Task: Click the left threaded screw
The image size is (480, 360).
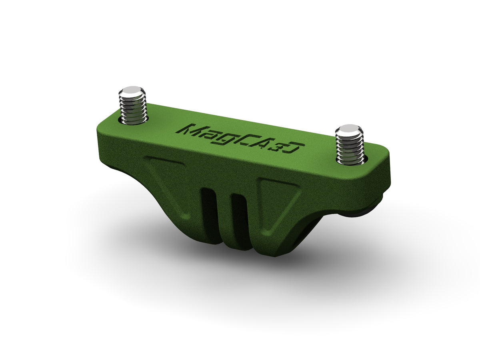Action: pyautogui.click(x=132, y=107)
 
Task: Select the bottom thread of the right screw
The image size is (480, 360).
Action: pyautogui.click(x=350, y=160)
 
